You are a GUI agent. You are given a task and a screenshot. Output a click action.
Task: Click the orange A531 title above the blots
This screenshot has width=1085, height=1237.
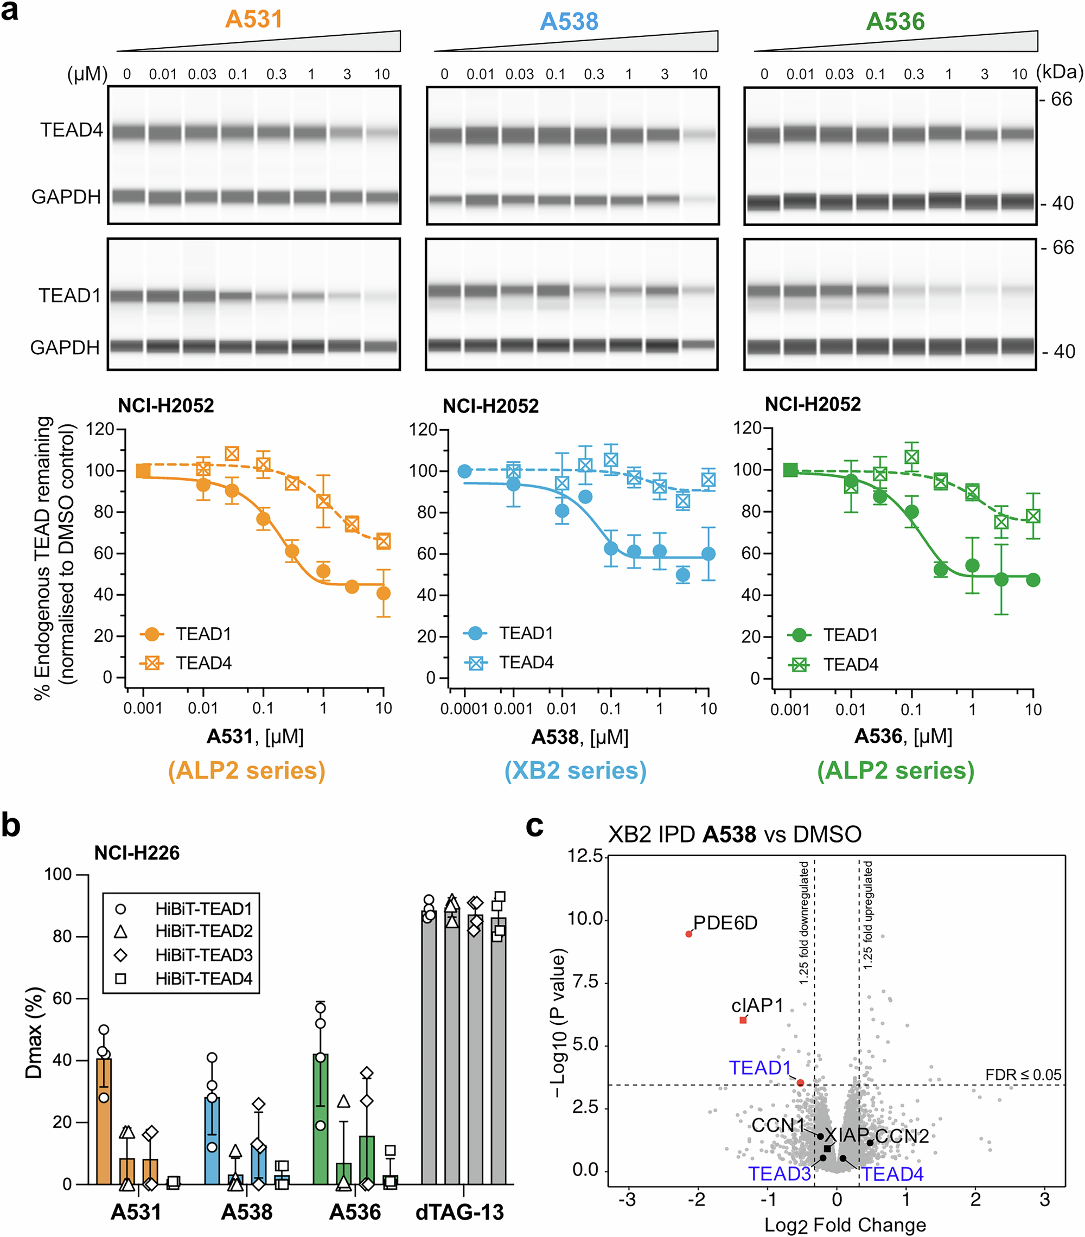253,20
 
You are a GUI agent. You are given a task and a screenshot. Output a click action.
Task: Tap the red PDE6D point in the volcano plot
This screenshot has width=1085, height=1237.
688,934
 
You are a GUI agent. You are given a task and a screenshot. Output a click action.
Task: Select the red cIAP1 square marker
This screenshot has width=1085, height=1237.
743,1020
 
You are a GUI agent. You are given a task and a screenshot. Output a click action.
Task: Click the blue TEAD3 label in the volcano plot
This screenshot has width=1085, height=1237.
780,1174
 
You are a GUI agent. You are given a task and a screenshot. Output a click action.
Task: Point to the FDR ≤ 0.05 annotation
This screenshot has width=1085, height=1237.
1023,1075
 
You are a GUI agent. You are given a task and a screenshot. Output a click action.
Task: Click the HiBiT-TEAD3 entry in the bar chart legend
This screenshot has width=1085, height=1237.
203,954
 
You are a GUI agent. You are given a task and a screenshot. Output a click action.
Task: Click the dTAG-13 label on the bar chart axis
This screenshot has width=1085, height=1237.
459,1212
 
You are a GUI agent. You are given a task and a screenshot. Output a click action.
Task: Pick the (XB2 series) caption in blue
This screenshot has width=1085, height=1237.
576,770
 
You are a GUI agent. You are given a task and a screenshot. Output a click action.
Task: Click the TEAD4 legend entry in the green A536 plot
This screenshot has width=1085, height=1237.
850,665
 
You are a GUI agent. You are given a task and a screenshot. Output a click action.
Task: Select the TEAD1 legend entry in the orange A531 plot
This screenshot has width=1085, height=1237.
203,634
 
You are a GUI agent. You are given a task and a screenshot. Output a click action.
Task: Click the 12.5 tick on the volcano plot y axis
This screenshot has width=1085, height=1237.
585,856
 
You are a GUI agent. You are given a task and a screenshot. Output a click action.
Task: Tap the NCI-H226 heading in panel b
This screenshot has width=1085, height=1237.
137,853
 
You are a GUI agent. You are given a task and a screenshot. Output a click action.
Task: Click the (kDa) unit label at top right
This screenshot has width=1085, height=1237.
1060,72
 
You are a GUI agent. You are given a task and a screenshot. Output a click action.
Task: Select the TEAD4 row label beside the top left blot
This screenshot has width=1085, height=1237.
72,130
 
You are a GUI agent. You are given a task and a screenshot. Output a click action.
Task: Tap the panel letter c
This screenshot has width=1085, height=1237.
534,826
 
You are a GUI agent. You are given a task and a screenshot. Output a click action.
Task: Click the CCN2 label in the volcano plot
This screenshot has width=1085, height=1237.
902,1136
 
